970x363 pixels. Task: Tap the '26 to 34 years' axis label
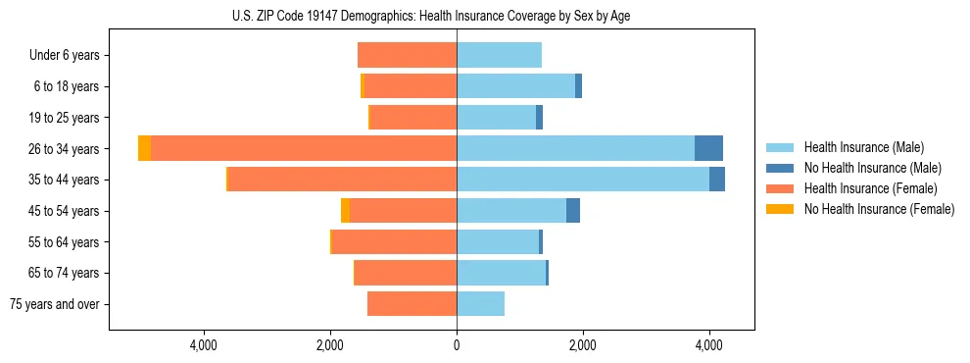64,149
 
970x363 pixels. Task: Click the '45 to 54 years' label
64,211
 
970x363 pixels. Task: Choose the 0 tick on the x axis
457,345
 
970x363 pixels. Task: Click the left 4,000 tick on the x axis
204,345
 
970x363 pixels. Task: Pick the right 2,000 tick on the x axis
583,345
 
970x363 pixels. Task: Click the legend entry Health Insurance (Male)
863,147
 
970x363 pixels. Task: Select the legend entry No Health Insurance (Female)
879,209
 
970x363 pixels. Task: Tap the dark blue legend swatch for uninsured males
780,168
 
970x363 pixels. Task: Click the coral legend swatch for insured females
780,188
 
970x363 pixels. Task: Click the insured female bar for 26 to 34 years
304,148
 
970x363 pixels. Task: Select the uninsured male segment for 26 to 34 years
708,148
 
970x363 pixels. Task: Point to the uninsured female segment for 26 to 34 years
144,148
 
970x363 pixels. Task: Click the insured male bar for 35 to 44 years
583,180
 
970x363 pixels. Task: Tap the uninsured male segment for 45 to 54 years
573,211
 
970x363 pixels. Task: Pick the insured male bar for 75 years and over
480,304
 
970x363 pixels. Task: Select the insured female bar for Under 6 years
407,55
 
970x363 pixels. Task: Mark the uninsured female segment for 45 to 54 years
345,211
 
